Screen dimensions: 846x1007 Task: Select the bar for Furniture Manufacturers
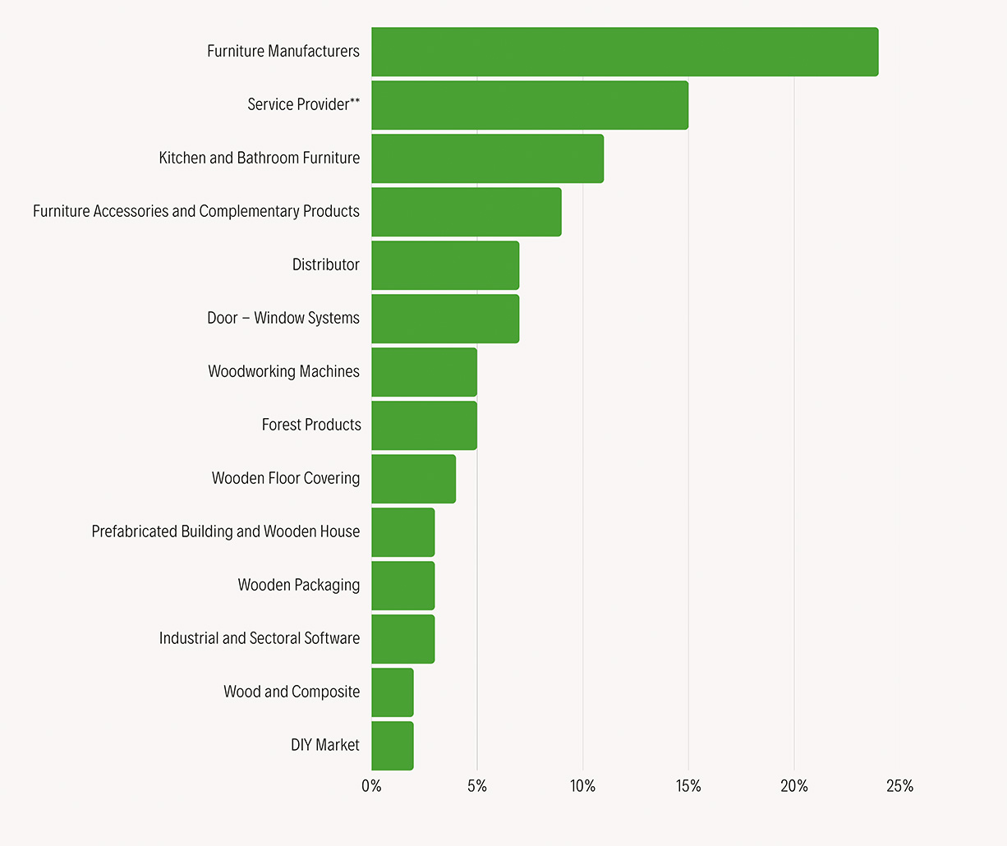(624, 52)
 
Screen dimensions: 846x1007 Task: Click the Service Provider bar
(530, 105)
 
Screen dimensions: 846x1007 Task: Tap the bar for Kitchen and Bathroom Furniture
(487, 159)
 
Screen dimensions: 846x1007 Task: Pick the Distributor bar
(445, 265)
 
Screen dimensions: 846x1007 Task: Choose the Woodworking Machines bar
(424, 372)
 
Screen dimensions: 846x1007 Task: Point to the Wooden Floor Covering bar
(413, 479)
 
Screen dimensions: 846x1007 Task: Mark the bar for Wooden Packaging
(402, 586)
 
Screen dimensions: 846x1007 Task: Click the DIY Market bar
(392, 746)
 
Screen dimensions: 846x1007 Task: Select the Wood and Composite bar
(392, 692)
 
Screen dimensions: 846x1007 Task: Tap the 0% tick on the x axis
(371, 786)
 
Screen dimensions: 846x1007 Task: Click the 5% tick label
(477, 786)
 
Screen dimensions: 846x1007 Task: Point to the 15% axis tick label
(688, 786)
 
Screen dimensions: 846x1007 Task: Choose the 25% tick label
(899, 786)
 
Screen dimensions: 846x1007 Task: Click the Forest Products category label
(311, 425)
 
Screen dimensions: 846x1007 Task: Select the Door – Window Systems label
(283, 318)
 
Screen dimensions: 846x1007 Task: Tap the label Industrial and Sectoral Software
(260, 638)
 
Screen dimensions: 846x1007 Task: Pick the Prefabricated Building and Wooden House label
(226, 531)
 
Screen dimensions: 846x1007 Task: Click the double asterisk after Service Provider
(355, 101)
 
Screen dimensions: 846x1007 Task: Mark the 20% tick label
(794, 786)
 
